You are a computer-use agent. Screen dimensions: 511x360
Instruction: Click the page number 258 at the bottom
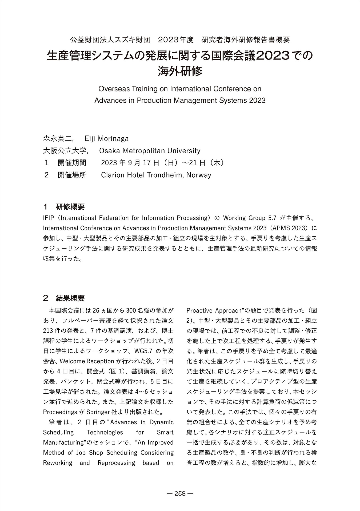tap(180, 494)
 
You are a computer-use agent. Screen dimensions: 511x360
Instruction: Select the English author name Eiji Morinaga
tap(107, 139)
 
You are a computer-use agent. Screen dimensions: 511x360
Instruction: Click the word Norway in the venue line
tap(199, 175)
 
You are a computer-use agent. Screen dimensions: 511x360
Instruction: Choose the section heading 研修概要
tap(70, 207)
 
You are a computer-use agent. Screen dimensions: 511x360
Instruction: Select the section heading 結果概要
tap(70, 298)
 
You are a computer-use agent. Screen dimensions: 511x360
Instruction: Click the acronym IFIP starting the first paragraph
tap(48, 218)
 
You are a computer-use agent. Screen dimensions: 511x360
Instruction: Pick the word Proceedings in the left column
tap(60, 412)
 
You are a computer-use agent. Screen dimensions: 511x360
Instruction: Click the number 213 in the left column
tap(49, 331)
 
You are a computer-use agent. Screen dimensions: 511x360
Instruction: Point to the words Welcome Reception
tap(87, 361)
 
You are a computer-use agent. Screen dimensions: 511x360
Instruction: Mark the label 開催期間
tap(72, 163)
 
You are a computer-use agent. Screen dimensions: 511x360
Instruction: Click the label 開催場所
tap(72, 175)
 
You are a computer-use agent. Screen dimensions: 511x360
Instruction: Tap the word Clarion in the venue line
tap(113, 175)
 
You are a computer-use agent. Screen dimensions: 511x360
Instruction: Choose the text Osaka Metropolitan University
tap(150, 151)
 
